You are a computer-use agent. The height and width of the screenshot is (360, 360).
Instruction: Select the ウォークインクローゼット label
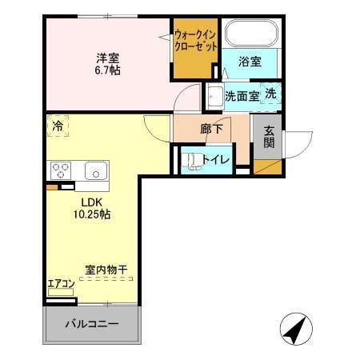point(195,40)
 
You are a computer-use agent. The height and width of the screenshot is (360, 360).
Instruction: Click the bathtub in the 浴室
point(251,34)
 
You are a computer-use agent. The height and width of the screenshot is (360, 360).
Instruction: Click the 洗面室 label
point(241,96)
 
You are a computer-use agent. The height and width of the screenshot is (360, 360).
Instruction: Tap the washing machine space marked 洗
point(271,94)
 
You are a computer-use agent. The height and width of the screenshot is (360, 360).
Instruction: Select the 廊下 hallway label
point(211,129)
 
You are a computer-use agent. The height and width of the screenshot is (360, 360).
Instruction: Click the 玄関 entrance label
point(270,137)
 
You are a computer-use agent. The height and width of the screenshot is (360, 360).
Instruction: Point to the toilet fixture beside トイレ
point(192,160)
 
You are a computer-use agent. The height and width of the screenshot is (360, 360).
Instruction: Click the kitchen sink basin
point(96,170)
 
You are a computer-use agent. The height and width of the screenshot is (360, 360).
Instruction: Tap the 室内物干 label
point(106,270)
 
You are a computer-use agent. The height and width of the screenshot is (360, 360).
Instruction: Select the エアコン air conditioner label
point(62,282)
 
